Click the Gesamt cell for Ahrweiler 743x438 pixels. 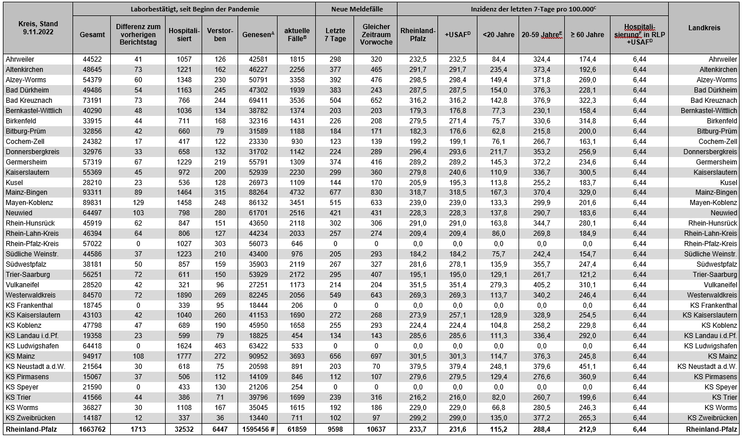pos(92,59)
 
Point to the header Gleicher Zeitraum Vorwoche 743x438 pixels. pos(376,34)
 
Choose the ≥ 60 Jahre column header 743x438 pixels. pos(587,35)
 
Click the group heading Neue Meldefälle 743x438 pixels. pos(356,9)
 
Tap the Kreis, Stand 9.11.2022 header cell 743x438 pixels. pos(37,27)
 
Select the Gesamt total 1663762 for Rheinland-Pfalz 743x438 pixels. pos(92,429)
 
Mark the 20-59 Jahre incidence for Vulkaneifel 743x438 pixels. pos(542,285)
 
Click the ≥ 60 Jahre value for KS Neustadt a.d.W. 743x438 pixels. pos(587,367)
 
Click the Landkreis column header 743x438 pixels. pos(704,27)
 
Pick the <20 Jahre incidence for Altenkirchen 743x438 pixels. pos(499,69)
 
